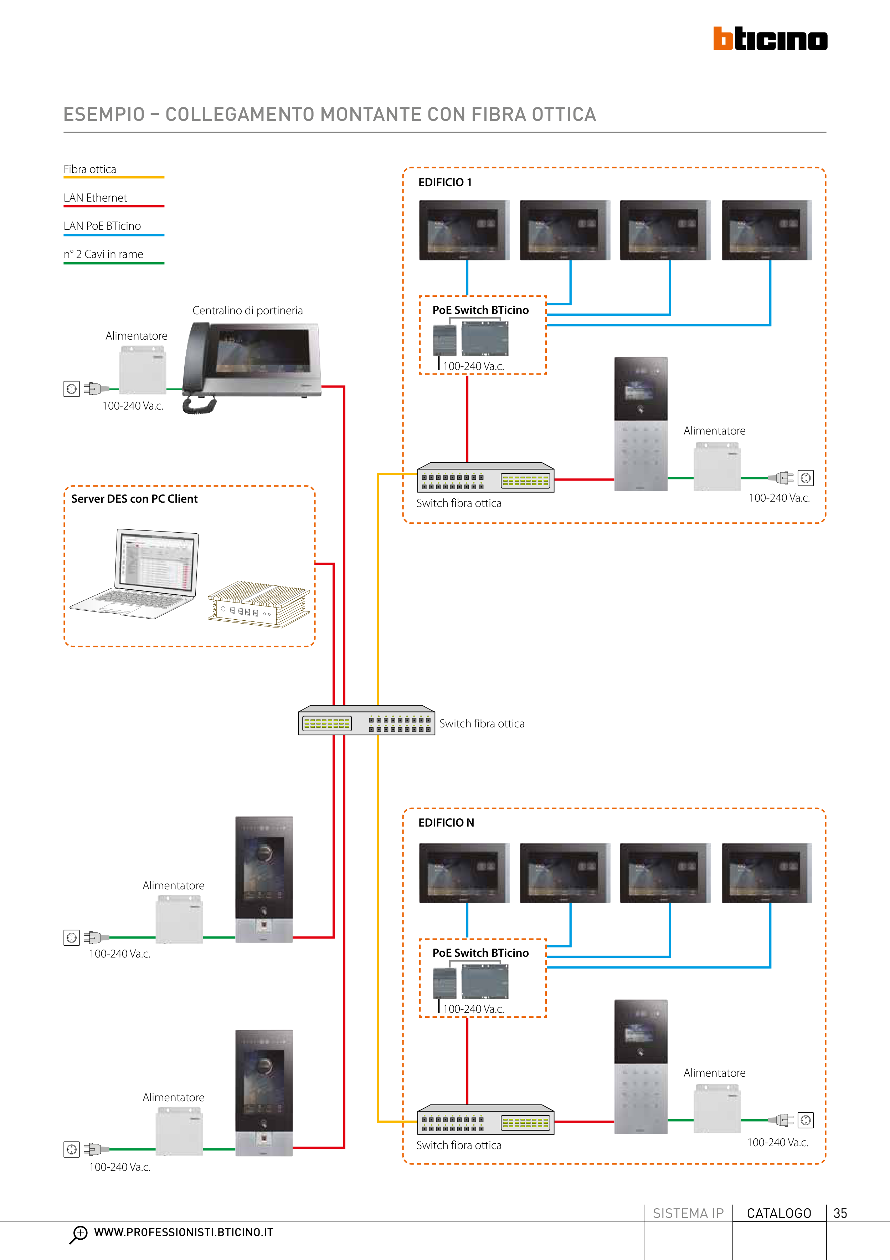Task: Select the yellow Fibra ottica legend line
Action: tap(113, 178)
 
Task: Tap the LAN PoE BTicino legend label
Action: tap(102, 226)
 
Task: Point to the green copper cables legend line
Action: tap(113, 263)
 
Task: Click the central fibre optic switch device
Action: tap(366, 721)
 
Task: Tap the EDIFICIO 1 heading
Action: tap(445, 183)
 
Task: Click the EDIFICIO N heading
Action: tap(446, 823)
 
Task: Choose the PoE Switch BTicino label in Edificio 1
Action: tap(480, 310)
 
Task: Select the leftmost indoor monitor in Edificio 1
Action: tap(464, 230)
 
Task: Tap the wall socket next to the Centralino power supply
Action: tap(71, 389)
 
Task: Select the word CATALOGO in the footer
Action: tap(779, 1213)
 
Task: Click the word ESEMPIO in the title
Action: tap(104, 115)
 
